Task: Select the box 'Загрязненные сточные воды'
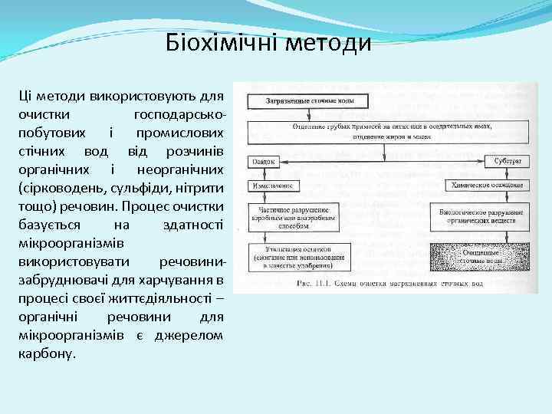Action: pyautogui.click(x=307, y=100)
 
